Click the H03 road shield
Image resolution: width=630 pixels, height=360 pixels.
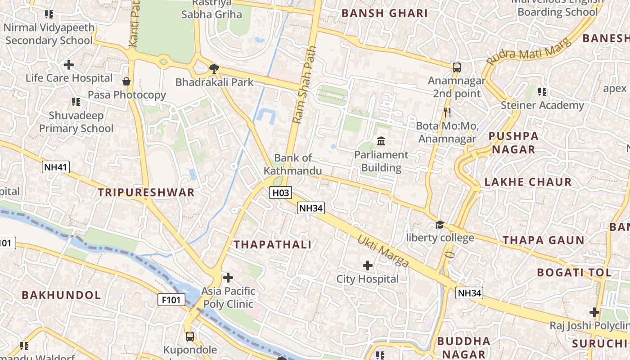coord(280,193)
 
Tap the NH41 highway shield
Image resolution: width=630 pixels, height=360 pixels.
coord(56,167)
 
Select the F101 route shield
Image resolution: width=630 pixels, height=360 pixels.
coord(171,300)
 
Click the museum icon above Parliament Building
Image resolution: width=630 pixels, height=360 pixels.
coord(381,141)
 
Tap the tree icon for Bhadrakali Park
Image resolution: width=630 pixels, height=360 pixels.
coord(214,69)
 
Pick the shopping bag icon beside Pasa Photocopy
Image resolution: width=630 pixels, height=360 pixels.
coord(126,81)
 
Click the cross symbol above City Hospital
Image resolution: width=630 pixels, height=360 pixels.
coord(368,265)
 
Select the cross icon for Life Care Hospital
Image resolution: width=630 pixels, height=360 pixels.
coord(69,65)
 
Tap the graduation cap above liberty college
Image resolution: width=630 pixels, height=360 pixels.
coord(440,224)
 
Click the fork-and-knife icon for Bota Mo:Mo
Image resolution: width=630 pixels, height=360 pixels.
coord(447,112)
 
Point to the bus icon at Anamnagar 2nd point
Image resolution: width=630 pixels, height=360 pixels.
coord(457,67)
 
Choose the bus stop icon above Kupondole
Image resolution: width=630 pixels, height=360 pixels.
coord(190,336)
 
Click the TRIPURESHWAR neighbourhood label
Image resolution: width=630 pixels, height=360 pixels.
coord(146,193)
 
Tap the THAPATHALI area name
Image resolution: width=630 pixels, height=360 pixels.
coord(273,245)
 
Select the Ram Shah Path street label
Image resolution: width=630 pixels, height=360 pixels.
coord(305,85)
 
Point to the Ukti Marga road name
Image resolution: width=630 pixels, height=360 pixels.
coord(383,251)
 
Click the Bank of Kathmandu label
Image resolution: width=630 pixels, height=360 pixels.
coord(293,164)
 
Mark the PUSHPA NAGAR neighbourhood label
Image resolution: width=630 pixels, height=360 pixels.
coord(513,143)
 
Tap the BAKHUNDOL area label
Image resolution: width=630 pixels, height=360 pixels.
coord(61,295)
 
